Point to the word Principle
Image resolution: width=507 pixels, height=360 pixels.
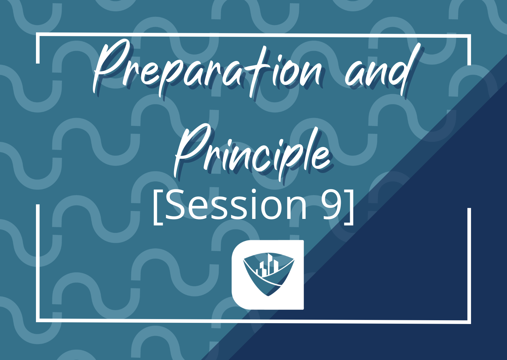[252, 151]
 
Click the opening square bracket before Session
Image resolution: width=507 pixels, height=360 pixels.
[158, 206]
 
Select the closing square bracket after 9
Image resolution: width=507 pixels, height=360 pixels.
[349, 206]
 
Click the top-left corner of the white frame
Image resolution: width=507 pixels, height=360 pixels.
[37, 35]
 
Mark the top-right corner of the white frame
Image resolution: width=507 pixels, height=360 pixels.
[469, 36]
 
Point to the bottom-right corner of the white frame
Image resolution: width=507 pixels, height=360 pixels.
[469, 322]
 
